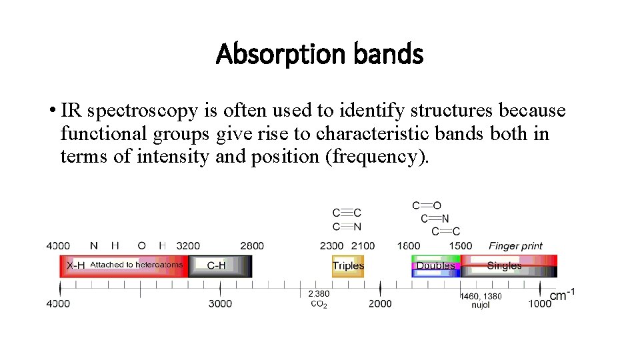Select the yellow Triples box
click(348, 266)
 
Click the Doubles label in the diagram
click(435, 266)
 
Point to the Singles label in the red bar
click(504, 266)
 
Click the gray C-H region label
click(216, 266)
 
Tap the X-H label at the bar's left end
click(75, 265)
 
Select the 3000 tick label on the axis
click(220, 304)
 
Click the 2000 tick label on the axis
click(380, 304)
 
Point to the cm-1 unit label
click(562, 295)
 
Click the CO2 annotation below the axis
click(319, 305)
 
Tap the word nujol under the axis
click(480, 305)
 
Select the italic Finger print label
click(515, 246)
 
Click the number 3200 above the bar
click(188, 246)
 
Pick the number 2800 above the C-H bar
click(251, 246)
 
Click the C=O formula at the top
click(427, 206)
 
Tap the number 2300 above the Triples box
click(331, 246)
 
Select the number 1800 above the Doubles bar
click(409, 246)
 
